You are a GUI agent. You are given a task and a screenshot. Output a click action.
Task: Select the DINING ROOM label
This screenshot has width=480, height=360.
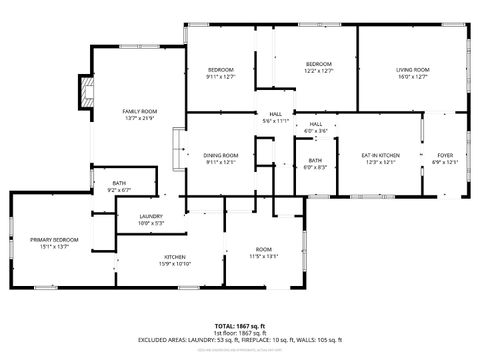click(220, 155)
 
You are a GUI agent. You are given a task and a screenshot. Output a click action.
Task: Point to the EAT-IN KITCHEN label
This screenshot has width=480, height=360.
click(380, 155)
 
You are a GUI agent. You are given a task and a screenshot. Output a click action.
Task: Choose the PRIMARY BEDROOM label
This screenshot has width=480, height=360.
click(53, 240)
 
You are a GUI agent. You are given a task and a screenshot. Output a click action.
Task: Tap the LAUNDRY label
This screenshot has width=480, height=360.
click(151, 216)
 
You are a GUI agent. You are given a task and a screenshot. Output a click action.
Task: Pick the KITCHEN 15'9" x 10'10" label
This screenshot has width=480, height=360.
click(175, 258)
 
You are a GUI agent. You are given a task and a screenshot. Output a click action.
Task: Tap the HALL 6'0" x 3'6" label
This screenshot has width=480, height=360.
click(315, 124)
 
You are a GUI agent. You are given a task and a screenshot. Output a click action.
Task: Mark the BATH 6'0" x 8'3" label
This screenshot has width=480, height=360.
click(315, 162)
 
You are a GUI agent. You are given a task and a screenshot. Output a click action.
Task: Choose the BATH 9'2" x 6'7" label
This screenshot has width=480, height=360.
click(119, 184)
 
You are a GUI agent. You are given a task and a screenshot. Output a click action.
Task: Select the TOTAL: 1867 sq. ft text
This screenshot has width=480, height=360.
click(240, 325)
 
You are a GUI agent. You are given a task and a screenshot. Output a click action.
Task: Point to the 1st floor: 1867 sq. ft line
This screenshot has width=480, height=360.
click(240, 332)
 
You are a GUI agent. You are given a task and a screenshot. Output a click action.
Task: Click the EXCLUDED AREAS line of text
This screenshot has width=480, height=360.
click(240, 340)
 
